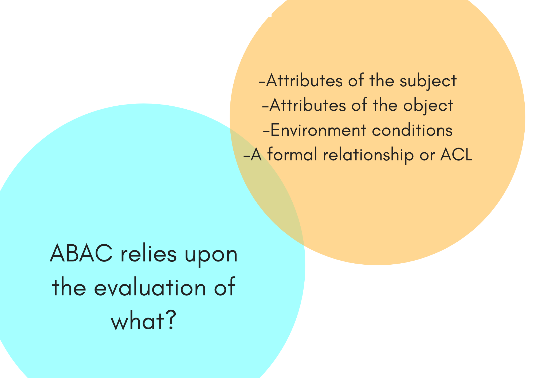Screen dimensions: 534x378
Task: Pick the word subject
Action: click(x=428, y=81)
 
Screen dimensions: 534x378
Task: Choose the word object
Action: click(x=428, y=105)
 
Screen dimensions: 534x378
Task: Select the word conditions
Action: click(x=412, y=130)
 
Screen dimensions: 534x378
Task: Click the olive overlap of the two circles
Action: click(x=267, y=187)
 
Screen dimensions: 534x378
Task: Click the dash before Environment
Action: click(x=266, y=131)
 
